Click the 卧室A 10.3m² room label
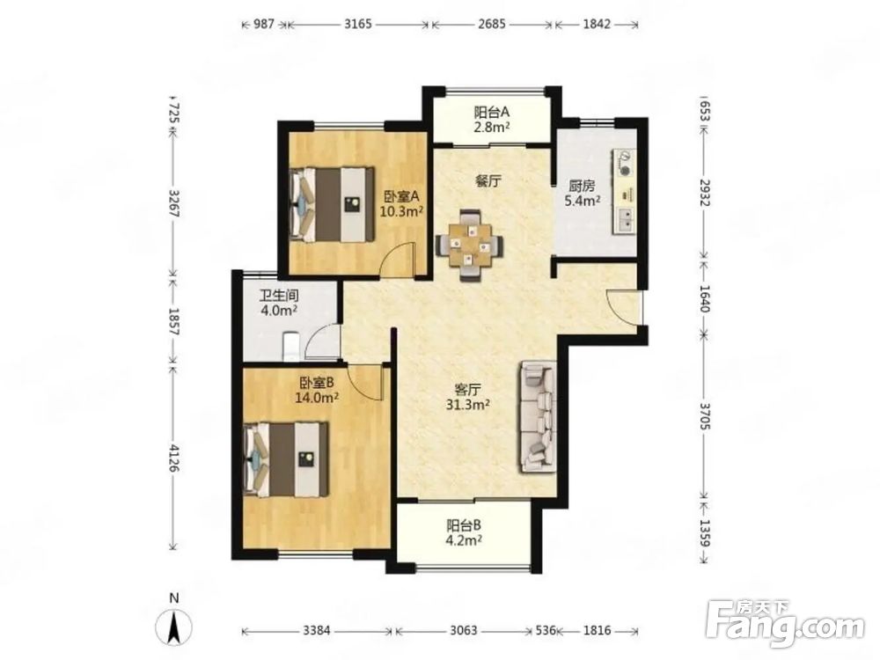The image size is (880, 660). [x=401, y=204]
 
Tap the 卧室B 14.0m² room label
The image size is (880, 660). [x=317, y=390]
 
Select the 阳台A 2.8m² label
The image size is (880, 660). [x=492, y=119]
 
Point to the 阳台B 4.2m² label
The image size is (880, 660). [x=464, y=532]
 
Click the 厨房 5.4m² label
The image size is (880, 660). [x=583, y=193]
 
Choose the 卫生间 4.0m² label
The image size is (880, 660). [x=279, y=303]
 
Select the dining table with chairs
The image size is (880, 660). [x=469, y=245]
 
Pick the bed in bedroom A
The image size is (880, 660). [x=332, y=204]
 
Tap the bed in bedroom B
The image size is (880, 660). [x=286, y=459]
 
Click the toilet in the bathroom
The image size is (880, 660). [x=291, y=346]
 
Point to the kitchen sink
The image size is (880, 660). [x=625, y=219]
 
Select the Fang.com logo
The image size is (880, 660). [x=785, y=624]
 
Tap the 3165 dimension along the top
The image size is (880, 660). [x=358, y=24]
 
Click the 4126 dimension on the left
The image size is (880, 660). [x=174, y=458]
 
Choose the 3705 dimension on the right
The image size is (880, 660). [x=706, y=415]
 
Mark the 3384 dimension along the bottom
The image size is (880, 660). [x=317, y=631]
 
